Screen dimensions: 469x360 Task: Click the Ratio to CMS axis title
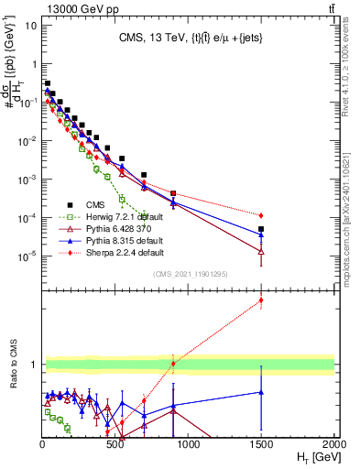click(19, 376)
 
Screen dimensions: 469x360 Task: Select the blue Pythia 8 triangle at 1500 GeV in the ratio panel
click(261, 392)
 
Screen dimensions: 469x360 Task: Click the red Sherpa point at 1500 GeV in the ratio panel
click(261, 300)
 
